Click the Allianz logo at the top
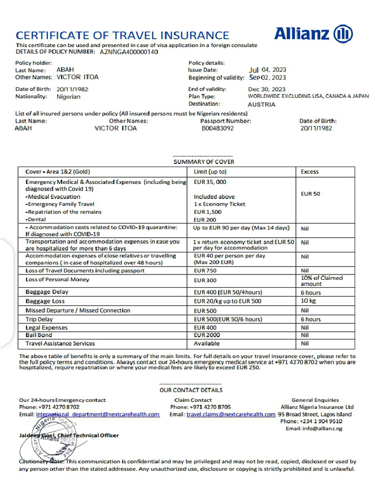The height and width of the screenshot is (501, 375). click(313, 34)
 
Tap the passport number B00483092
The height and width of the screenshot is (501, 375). click(217, 129)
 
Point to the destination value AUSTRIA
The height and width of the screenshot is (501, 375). click(261, 104)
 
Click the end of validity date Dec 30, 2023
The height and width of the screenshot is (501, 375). click(267, 90)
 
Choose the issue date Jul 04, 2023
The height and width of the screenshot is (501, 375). click(267, 69)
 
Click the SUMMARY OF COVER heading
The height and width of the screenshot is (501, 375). click(204, 161)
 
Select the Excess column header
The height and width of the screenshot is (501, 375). click(310, 172)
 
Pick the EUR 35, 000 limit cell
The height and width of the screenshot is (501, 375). click(210, 182)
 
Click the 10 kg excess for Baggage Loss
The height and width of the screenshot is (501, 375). click(309, 300)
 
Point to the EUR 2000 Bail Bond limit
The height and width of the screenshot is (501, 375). click(207, 335)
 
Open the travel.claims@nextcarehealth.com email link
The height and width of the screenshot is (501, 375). click(231, 414)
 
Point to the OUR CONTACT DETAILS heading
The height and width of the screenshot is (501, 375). click(191, 390)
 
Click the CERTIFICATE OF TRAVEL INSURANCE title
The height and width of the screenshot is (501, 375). click(123, 35)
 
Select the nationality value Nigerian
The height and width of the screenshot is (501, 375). click(69, 97)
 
